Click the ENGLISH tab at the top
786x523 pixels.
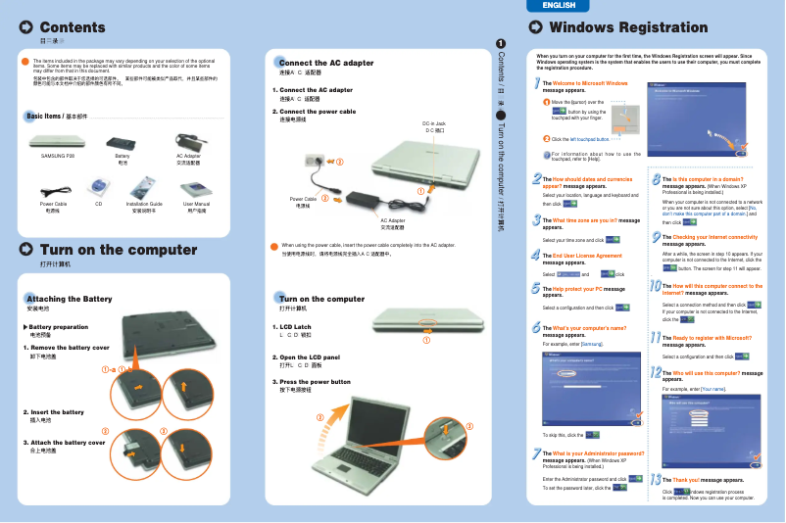click(x=558, y=6)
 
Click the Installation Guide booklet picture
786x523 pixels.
click(x=143, y=185)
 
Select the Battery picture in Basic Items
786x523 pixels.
click(x=123, y=141)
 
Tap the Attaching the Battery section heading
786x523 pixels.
click(x=69, y=298)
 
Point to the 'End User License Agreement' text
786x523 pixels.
click(x=587, y=256)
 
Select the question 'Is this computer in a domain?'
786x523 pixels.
click(x=706, y=179)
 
